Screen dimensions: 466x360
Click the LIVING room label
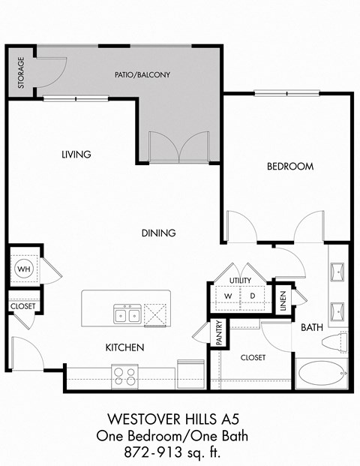tap(76, 155)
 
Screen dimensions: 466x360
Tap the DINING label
tap(158, 233)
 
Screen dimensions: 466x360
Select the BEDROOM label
tap(289, 166)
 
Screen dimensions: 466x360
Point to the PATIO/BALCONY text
tap(142, 75)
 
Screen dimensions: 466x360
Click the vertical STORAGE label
tap(21, 72)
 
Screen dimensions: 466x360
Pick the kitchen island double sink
tap(127, 313)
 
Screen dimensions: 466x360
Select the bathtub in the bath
tap(321, 373)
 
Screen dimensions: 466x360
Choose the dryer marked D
tap(252, 296)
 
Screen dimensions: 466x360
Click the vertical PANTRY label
tap(219, 332)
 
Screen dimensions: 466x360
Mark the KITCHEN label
tap(124, 347)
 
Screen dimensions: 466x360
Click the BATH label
tap(311, 328)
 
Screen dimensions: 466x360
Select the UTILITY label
tap(240, 280)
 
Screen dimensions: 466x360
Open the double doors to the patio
tap(178, 146)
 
